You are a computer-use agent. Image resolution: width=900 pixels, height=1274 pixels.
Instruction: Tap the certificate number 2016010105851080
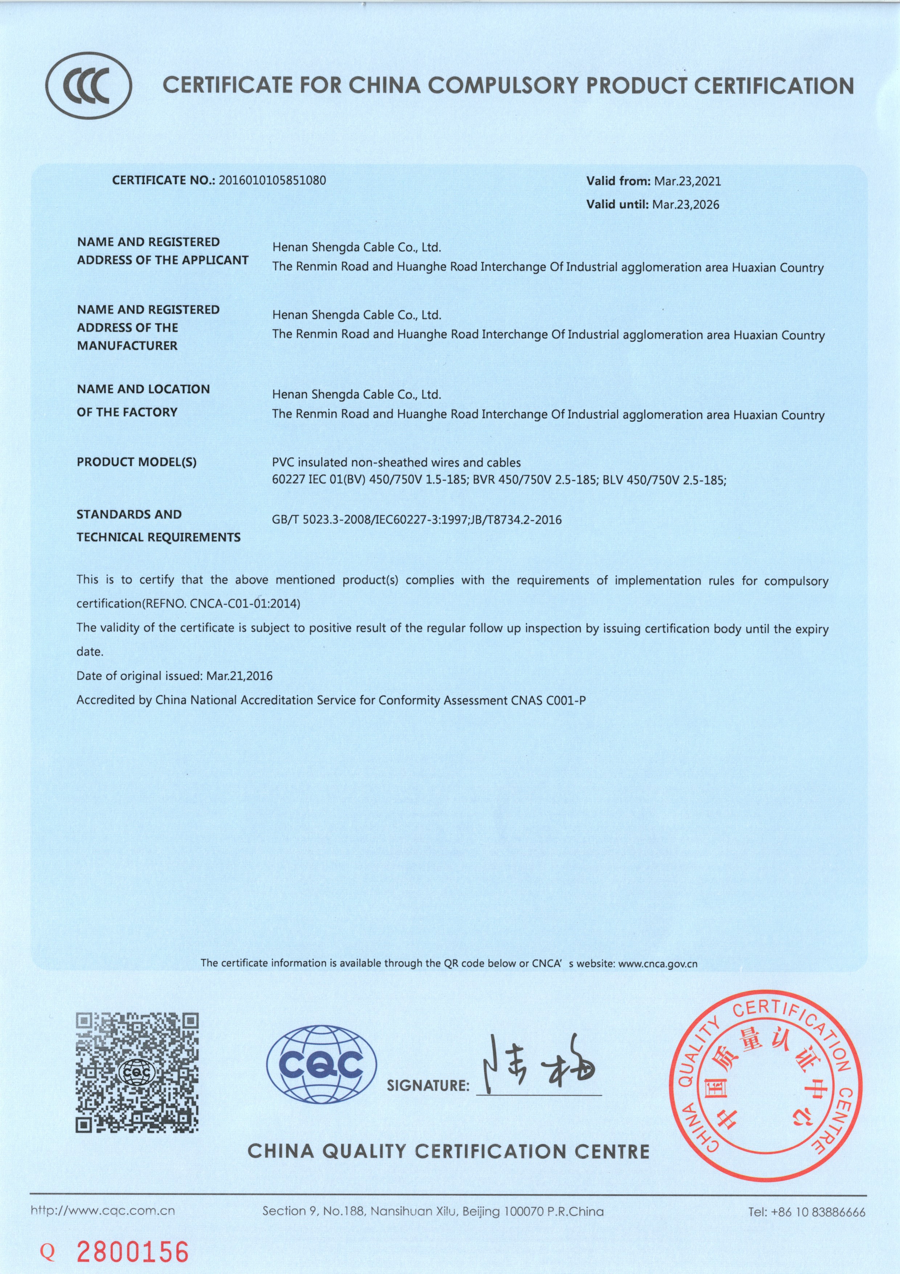273,180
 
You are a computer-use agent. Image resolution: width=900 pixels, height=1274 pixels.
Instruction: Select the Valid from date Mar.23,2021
688,181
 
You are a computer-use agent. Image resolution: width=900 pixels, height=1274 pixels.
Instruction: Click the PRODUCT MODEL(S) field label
136,462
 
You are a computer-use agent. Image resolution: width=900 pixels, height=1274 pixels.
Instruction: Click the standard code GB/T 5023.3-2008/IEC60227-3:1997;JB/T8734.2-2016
417,520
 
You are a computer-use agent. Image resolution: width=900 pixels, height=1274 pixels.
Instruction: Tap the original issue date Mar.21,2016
240,676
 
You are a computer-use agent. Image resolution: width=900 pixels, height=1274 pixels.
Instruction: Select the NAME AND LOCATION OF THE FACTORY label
143,401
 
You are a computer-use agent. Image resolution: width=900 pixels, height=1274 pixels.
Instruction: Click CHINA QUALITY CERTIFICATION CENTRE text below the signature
448,1151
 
